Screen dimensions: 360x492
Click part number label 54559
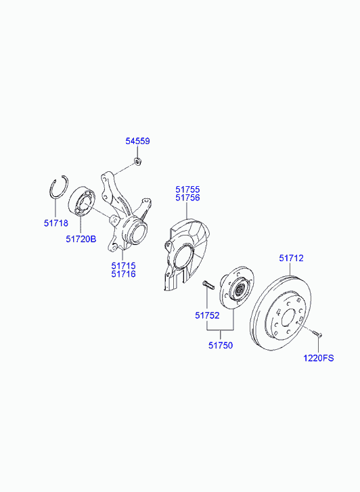(x=137, y=141)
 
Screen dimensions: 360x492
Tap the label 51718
(x=56, y=223)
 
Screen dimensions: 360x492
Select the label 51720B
(x=81, y=239)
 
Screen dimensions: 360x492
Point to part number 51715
(x=123, y=266)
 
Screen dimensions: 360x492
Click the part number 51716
(x=123, y=274)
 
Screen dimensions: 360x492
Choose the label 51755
(x=187, y=189)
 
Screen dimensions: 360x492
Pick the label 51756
(x=187, y=198)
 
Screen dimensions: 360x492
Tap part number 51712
(x=291, y=259)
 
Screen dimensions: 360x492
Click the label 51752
(x=207, y=315)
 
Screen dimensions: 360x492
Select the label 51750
(x=221, y=345)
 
